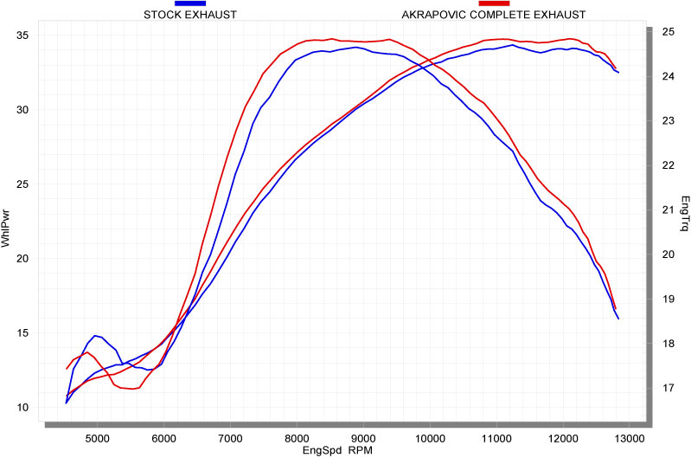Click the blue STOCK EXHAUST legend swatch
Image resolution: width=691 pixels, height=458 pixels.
point(190,4)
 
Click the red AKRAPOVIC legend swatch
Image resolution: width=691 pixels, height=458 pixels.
point(494,4)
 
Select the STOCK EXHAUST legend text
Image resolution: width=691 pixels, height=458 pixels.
point(190,15)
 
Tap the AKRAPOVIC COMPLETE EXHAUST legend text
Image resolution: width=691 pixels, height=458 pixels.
point(494,15)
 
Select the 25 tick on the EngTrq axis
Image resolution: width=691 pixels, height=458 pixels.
point(668,31)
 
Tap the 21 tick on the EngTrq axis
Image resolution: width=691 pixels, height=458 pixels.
point(668,210)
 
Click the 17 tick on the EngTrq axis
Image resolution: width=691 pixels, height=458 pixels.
point(668,388)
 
